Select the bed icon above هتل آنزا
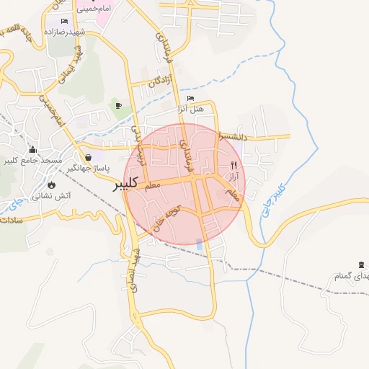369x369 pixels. [x=190, y=98]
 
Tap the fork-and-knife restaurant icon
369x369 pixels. [x=234, y=165]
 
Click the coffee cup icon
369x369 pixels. [x=118, y=106]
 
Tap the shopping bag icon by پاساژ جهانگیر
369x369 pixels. [x=88, y=157]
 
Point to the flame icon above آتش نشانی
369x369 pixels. [x=50, y=174]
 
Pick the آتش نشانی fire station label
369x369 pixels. [x=49, y=184]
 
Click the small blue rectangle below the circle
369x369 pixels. [x=199, y=244]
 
